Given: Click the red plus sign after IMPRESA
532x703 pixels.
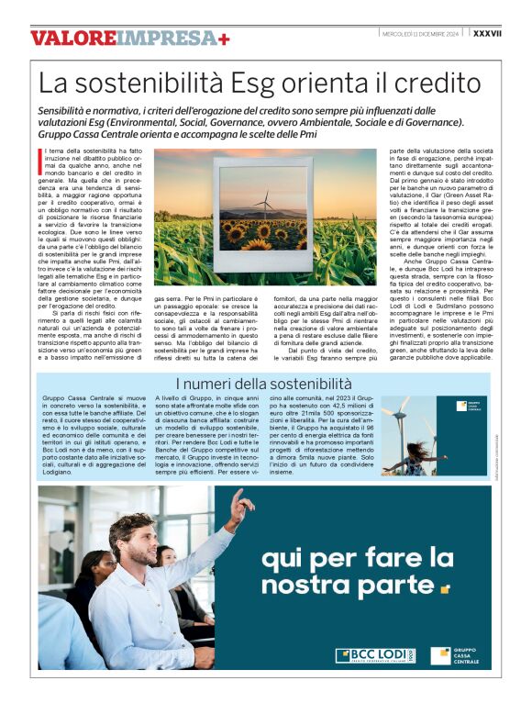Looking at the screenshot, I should [224, 39].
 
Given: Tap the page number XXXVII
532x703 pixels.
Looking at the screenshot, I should [486, 33].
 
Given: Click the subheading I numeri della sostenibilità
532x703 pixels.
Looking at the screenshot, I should [265, 383].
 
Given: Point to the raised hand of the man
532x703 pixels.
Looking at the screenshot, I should [240, 503].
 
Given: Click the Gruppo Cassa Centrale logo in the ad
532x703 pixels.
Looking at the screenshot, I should [465, 654].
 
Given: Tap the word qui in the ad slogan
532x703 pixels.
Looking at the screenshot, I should [278, 557].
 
